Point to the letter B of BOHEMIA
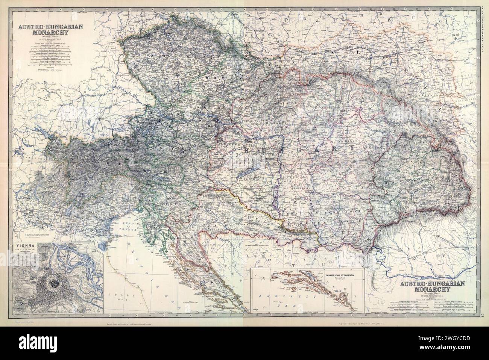(x=140, y=55)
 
